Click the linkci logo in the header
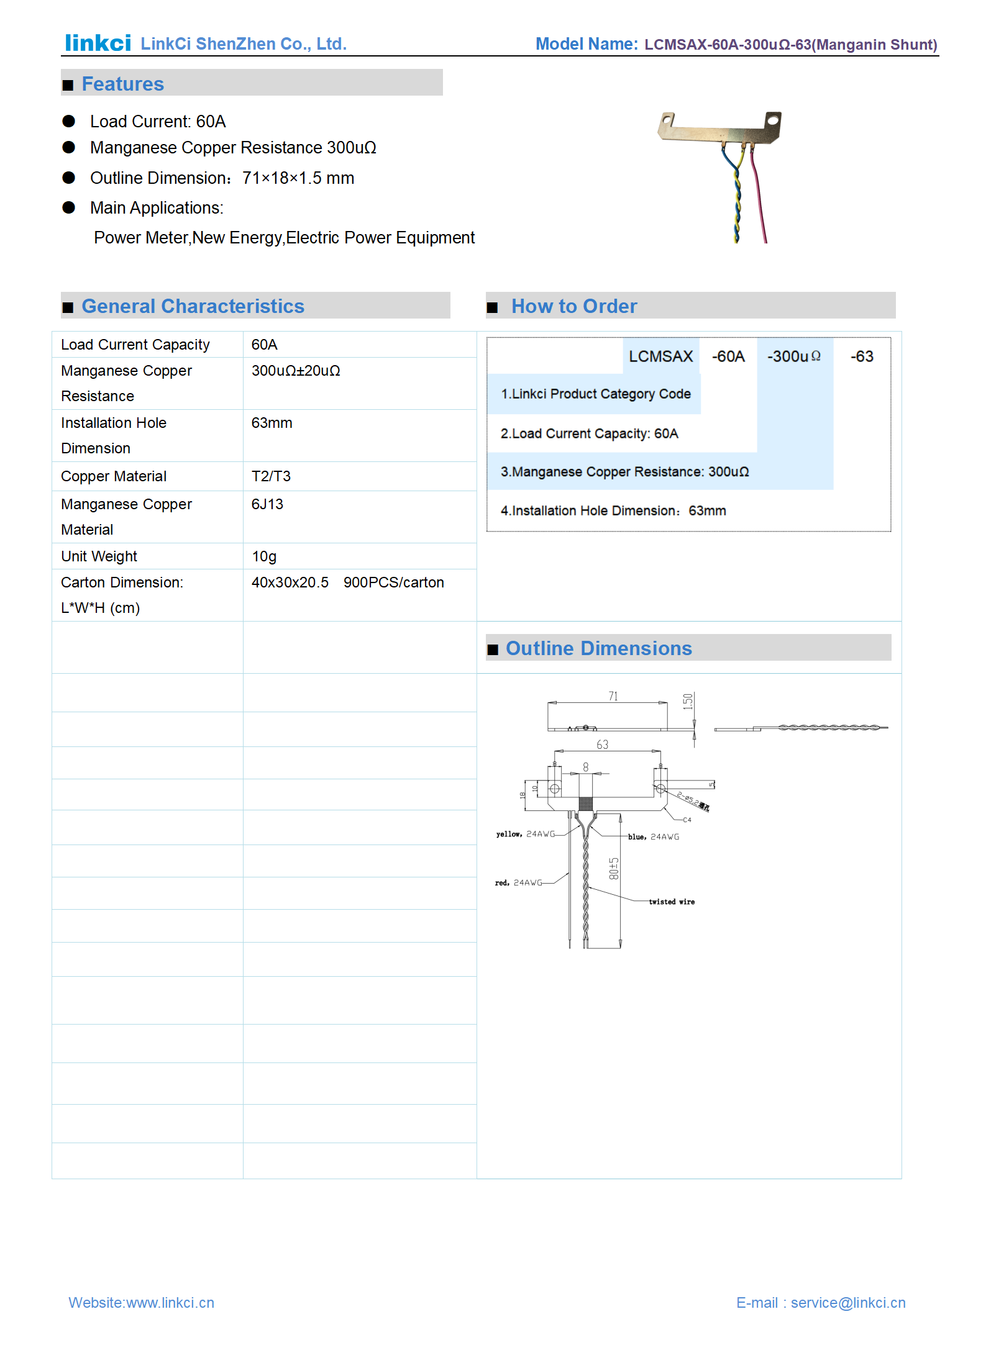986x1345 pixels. click(98, 43)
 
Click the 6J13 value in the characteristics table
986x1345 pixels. click(267, 504)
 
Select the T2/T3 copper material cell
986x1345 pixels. click(271, 476)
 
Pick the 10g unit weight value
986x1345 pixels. click(264, 556)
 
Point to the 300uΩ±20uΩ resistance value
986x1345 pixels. click(296, 371)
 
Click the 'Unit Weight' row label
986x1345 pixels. click(99, 556)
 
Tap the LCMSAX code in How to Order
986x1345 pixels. click(660, 356)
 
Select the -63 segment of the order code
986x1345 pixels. click(862, 356)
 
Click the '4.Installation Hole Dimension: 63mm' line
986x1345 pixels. click(613, 510)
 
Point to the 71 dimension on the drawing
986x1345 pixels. click(613, 696)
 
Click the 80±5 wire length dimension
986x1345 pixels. click(614, 869)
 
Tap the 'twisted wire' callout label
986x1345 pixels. click(672, 902)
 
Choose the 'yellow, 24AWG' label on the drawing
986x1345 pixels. click(525, 834)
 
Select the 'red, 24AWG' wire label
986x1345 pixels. click(518, 882)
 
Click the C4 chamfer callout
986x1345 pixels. click(687, 820)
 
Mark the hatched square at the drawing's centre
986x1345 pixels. click(585, 804)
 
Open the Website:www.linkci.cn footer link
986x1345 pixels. click(141, 1302)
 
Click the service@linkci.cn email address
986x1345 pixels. click(847, 1302)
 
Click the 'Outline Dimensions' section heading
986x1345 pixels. click(598, 648)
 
